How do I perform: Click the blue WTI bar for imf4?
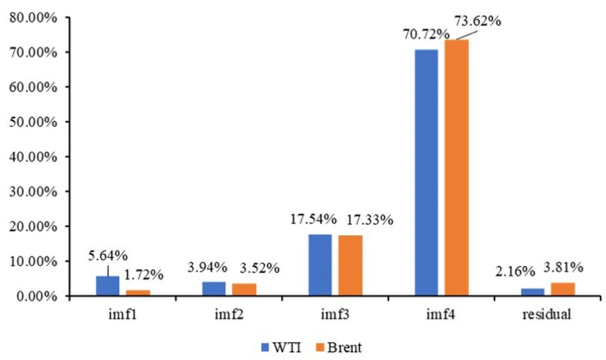coord(426,172)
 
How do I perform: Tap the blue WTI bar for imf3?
coord(320,265)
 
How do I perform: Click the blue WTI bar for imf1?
coord(108,286)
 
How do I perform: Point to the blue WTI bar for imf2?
coord(214,289)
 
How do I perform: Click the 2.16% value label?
coord(513,272)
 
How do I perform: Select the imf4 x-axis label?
coord(441,315)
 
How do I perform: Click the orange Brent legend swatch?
coord(318,347)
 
